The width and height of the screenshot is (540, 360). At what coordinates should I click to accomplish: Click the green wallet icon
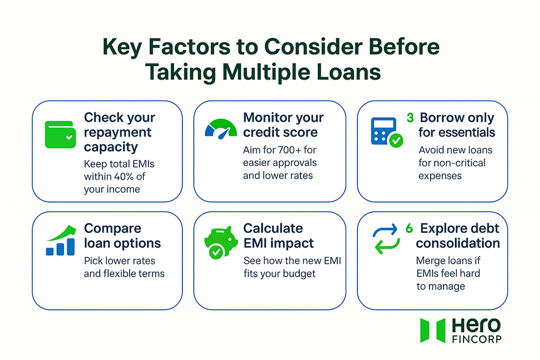[x=60, y=134]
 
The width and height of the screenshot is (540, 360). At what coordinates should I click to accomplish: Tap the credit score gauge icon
[x=220, y=128]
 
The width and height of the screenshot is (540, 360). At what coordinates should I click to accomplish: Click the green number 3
[x=410, y=117]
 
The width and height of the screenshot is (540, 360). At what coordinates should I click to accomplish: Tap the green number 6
[x=409, y=228]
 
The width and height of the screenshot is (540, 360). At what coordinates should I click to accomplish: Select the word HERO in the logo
[x=476, y=325]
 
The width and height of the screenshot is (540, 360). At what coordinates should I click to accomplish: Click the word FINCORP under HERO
[x=476, y=339]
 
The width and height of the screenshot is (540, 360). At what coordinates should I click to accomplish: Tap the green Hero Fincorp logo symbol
[x=432, y=330]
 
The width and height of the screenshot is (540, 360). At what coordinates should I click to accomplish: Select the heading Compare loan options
[x=122, y=235]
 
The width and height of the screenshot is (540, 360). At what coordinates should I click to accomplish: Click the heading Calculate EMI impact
[x=278, y=235]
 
